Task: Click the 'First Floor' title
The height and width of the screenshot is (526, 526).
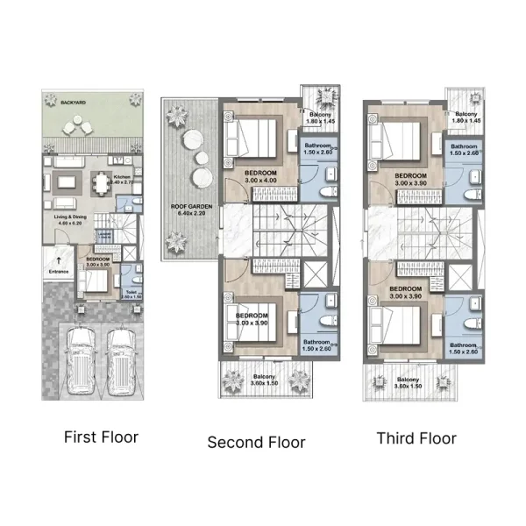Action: [x=101, y=436]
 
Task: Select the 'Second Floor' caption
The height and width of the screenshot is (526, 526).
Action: [x=256, y=442]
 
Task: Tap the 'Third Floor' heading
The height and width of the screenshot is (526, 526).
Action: [x=416, y=437]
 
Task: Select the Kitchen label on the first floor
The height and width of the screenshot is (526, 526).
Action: [x=122, y=177]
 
